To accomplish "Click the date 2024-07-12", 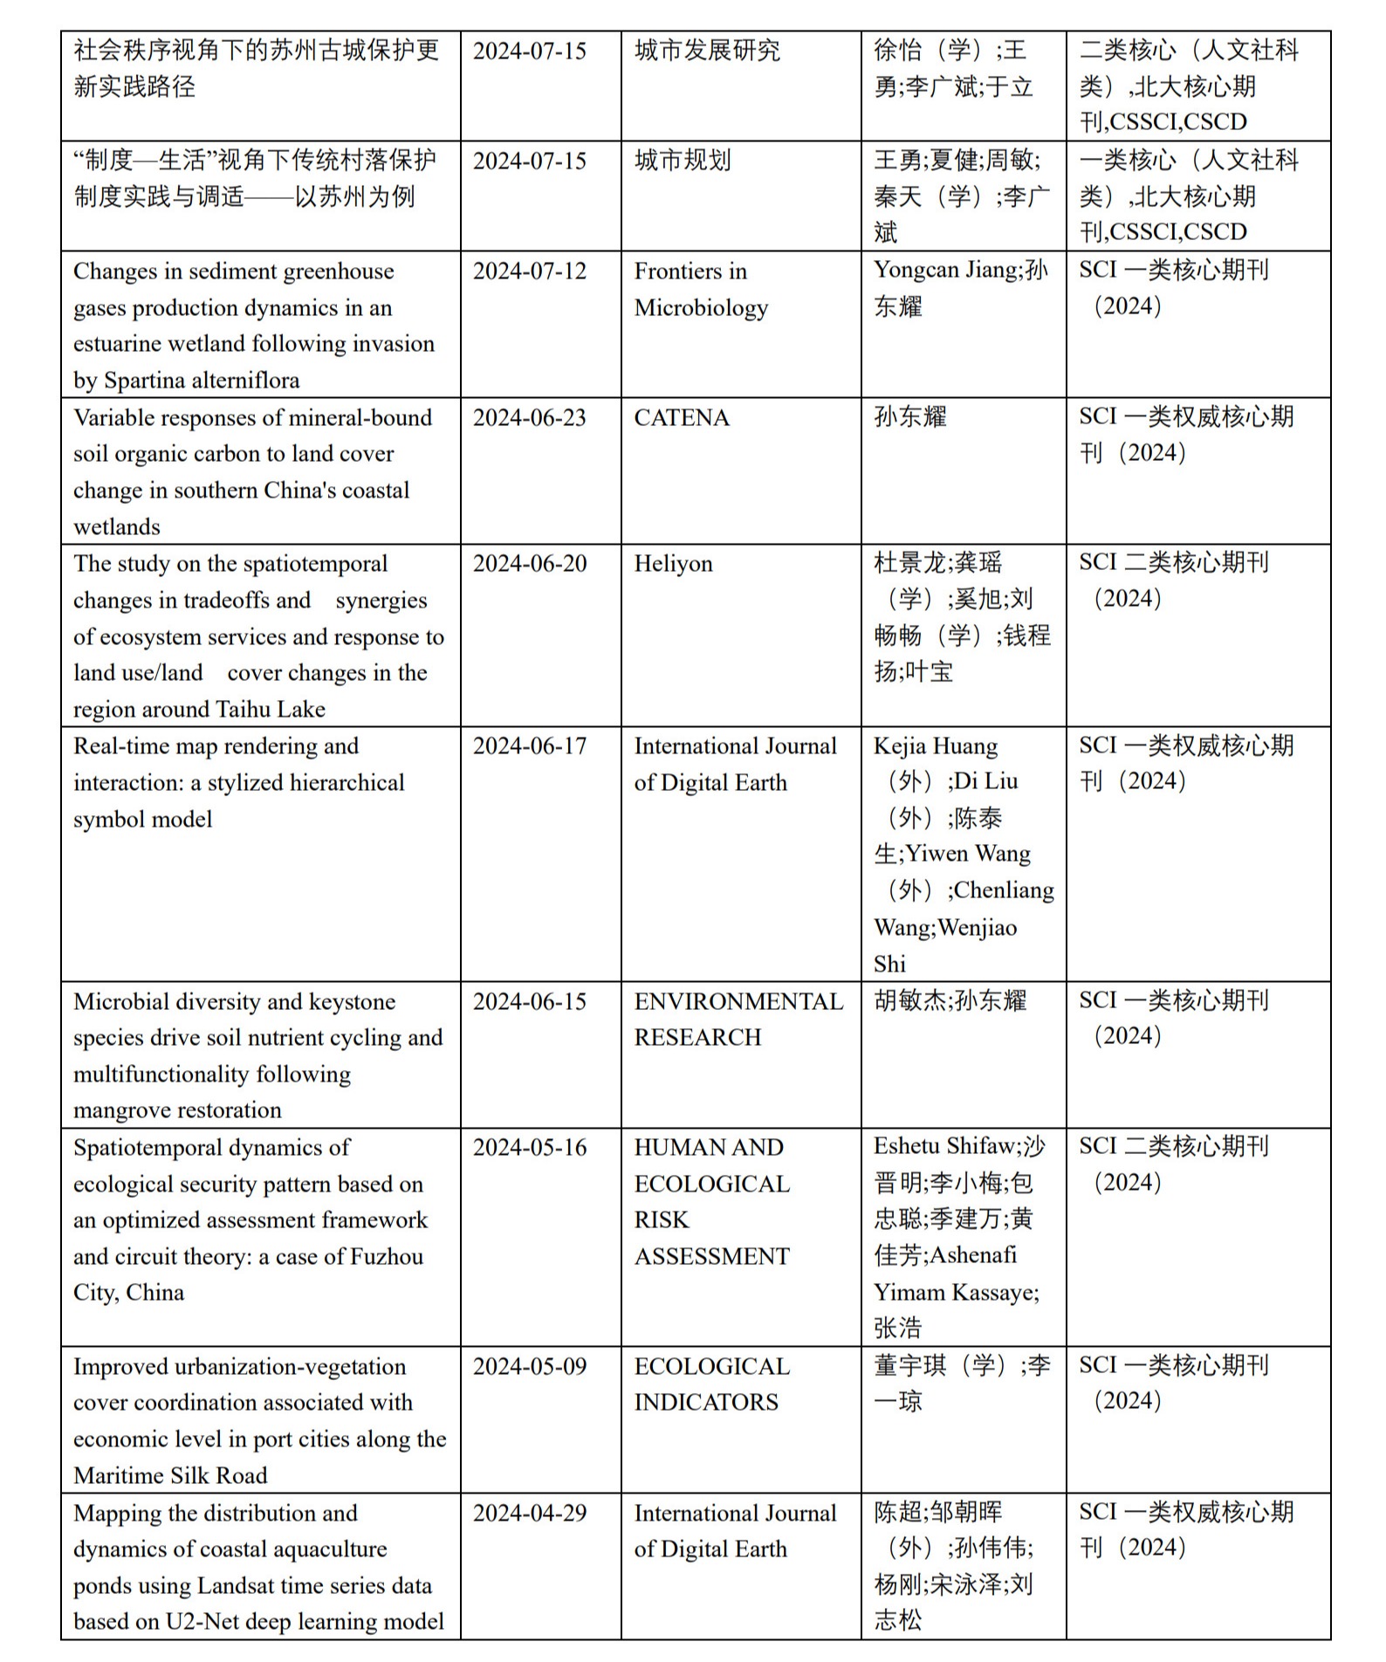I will (x=529, y=271).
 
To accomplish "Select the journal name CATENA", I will (x=681, y=418).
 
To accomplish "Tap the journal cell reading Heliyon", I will (x=673, y=564).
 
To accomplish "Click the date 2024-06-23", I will (x=529, y=418).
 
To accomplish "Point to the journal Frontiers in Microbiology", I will (x=700, y=289).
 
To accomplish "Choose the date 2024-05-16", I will (x=529, y=1147).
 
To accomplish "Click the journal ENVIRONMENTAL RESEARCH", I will (x=738, y=1019).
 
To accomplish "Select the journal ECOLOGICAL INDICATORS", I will (x=711, y=1384).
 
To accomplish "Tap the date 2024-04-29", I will (x=529, y=1513).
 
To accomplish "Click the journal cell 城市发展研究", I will (x=707, y=51).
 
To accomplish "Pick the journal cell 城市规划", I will (x=683, y=161).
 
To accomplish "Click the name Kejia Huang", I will (x=935, y=746).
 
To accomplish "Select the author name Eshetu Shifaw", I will (x=945, y=1146).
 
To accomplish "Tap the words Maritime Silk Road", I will (x=170, y=1475).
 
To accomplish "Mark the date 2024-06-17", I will (x=529, y=746).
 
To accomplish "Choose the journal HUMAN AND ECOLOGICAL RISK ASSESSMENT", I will (x=711, y=1201).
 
